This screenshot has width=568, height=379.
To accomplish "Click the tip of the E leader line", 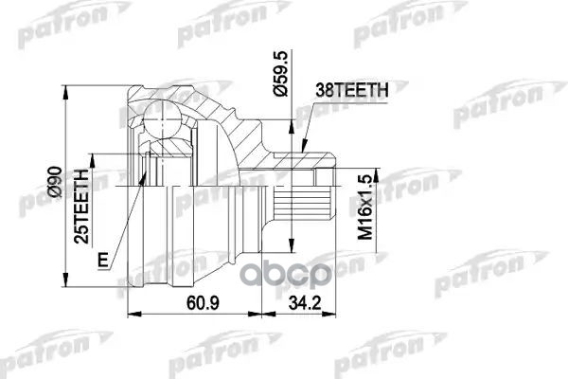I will pyautogui.click(x=146, y=176).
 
